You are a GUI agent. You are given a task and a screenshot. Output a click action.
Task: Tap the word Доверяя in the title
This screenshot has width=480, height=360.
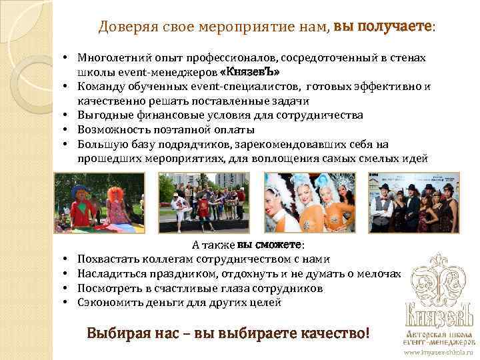pyautogui.click(x=123, y=27)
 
